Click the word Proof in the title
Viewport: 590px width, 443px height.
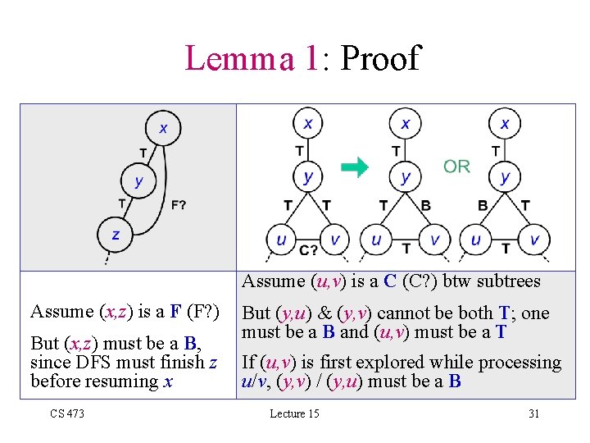pyautogui.click(x=379, y=58)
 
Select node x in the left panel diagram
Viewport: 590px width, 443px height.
pyautogui.click(x=163, y=127)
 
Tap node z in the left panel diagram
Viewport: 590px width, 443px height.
pyautogui.click(x=116, y=234)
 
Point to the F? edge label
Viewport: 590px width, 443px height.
pyautogui.click(x=179, y=204)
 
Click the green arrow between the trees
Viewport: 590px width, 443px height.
pyautogui.click(x=355, y=168)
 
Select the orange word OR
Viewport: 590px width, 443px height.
pyautogui.click(x=456, y=167)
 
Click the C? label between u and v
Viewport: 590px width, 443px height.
pyautogui.click(x=308, y=249)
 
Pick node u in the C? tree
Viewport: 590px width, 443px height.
pyautogui.click(x=282, y=240)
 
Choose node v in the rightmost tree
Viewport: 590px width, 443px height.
pyautogui.click(x=534, y=240)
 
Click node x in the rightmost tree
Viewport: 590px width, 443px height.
pyautogui.click(x=505, y=123)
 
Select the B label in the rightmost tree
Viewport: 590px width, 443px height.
pyautogui.click(x=483, y=206)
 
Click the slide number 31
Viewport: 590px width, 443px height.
pyautogui.click(x=533, y=413)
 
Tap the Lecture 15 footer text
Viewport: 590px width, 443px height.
pyautogui.click(x=294, y=413)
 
